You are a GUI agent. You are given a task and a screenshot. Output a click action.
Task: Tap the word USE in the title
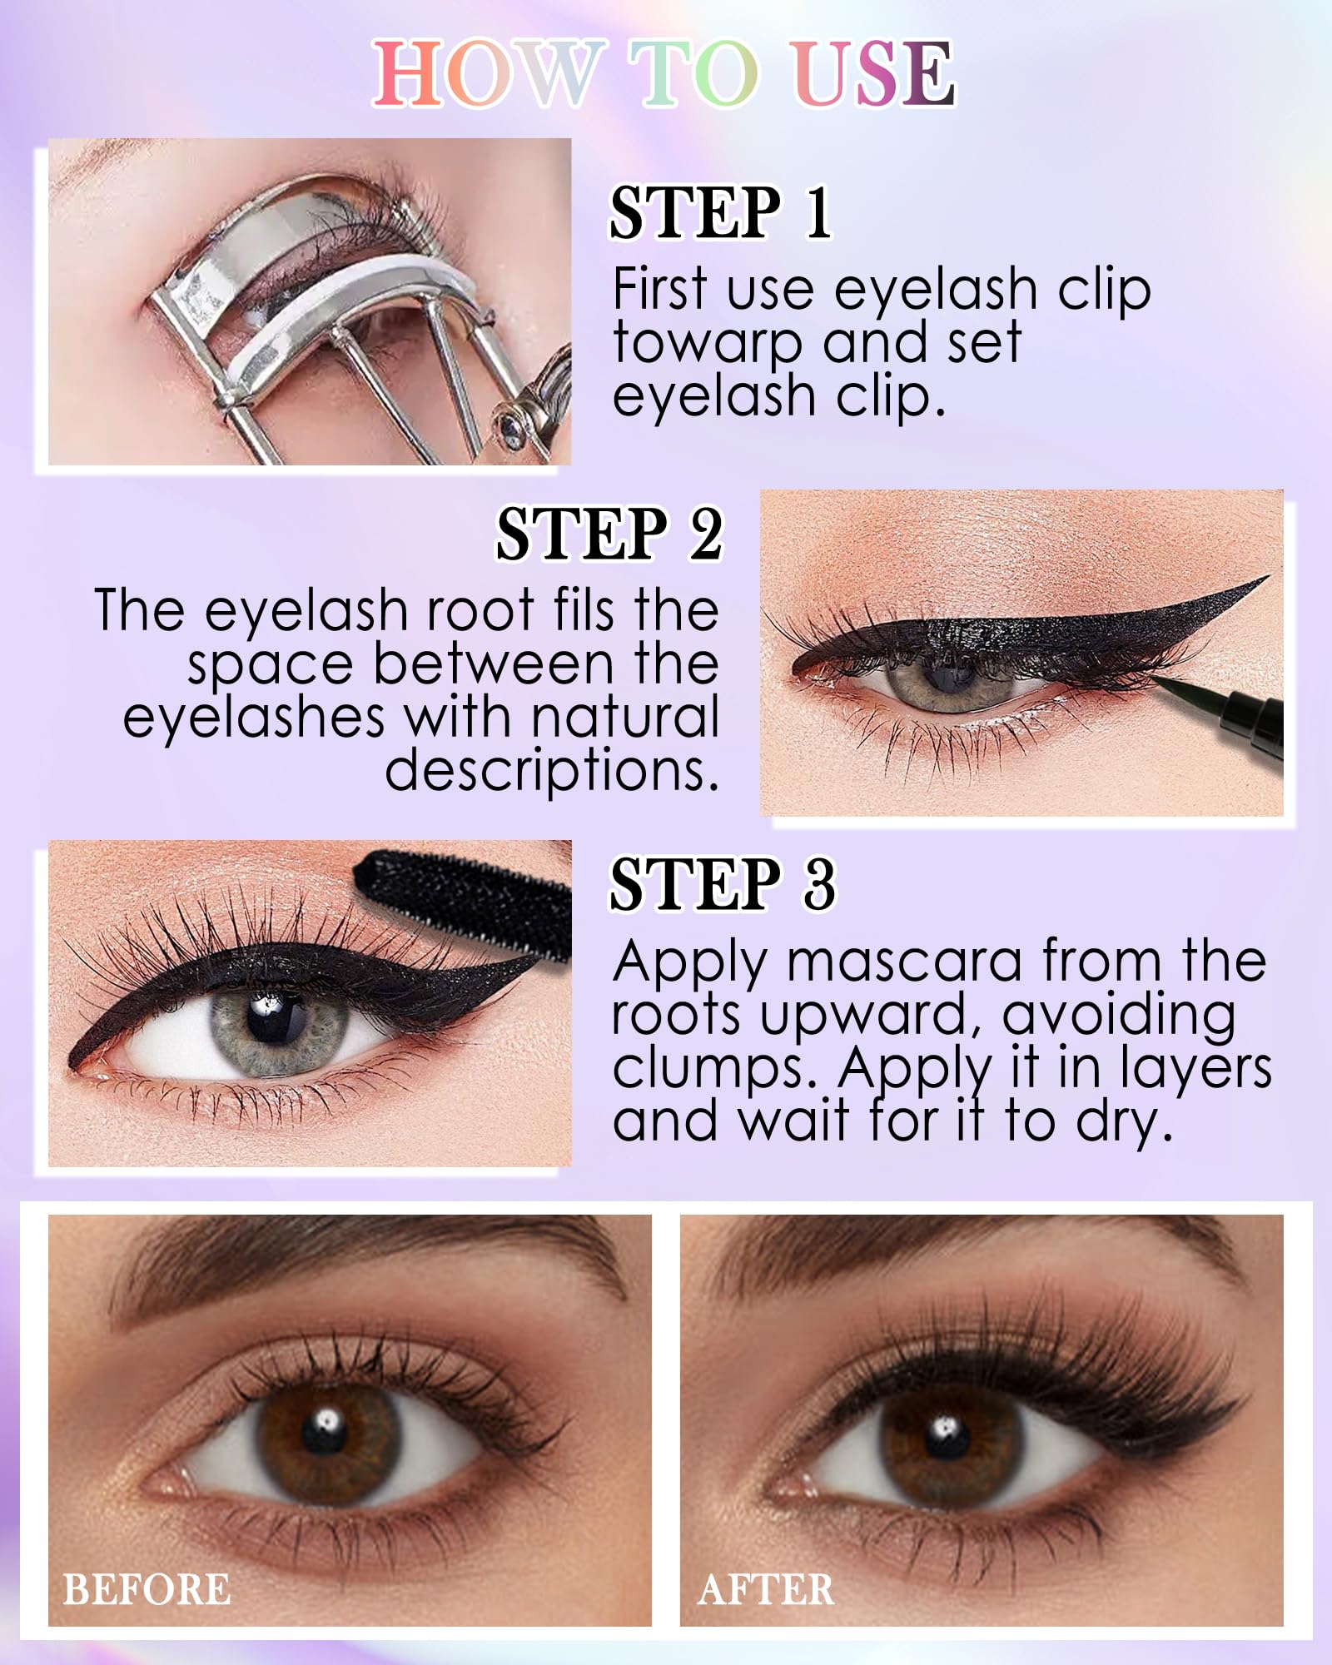873,73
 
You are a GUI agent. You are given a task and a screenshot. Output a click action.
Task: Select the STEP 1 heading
720,213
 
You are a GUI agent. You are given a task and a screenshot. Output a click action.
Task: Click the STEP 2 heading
609,534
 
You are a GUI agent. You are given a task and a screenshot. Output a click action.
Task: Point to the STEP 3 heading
722,884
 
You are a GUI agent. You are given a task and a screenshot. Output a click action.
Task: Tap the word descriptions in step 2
551,770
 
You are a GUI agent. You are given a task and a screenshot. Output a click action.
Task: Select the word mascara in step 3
904,962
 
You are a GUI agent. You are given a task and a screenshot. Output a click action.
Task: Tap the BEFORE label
147,1589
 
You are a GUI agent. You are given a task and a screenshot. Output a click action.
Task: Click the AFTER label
766,1589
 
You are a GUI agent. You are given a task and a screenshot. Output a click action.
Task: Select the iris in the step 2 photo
948,679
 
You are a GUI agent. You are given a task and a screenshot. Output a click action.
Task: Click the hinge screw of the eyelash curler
509,420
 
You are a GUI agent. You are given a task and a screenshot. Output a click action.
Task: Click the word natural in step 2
624,718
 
